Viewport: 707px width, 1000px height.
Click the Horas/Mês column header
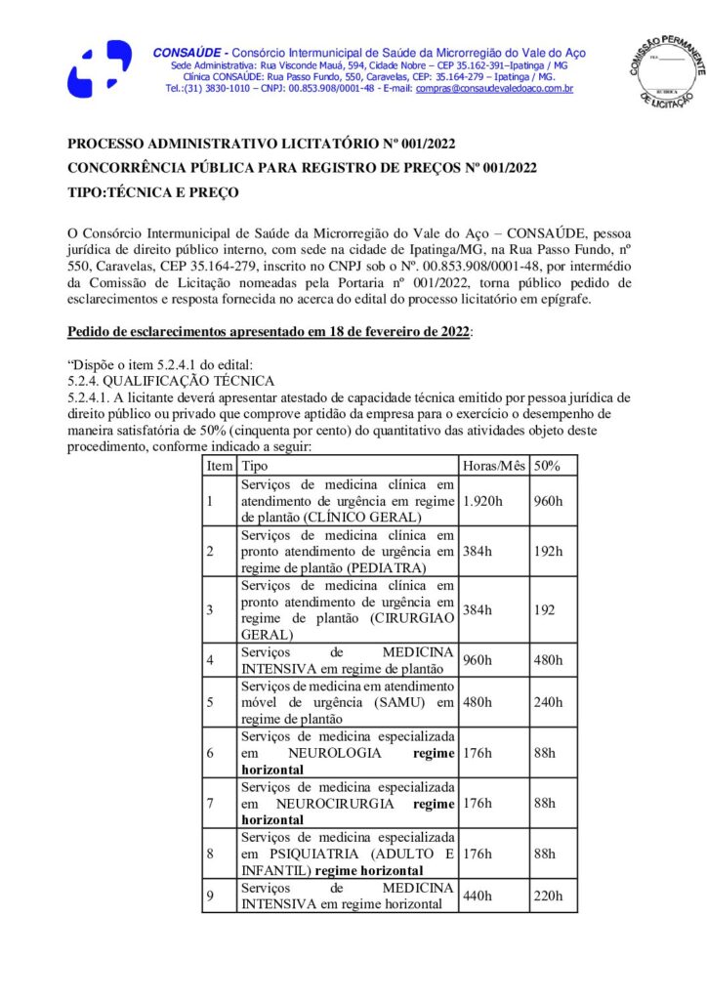point(493,466)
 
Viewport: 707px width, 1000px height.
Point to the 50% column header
point(547,466)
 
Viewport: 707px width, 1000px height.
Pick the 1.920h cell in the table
point(481,501)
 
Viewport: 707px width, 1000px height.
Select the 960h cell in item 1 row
point(548,501)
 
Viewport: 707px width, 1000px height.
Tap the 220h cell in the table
point(548,896)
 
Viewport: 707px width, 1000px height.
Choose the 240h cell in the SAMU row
point(548,703)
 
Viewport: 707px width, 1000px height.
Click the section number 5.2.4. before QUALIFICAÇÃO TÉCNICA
point(84,381)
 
